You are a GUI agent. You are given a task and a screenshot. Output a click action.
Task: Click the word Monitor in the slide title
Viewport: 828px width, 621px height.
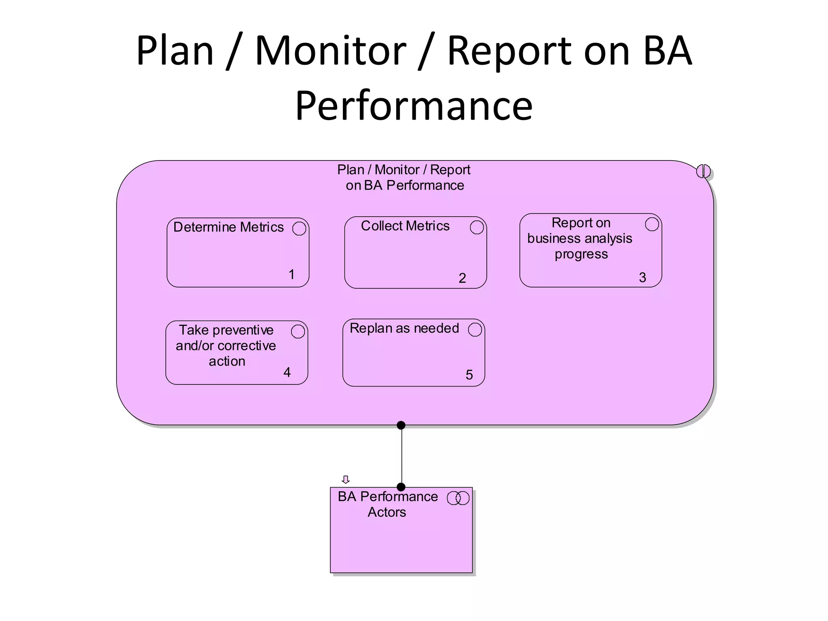coord(330,51)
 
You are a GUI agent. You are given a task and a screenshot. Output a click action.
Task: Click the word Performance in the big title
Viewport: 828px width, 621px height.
coord(414,106)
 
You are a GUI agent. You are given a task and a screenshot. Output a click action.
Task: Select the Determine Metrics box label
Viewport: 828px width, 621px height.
coord(228,227)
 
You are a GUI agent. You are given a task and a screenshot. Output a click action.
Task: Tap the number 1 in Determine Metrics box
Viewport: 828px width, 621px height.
coord(291,275)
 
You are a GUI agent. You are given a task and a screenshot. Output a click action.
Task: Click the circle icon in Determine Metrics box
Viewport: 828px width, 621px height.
coord(299,228)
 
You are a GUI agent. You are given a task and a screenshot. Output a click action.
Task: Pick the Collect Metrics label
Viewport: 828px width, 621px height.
coord(405,226)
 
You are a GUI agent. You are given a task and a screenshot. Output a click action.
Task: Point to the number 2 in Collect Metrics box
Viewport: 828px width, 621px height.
coord(463,278)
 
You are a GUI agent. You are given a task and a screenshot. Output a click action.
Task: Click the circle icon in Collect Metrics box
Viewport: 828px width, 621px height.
coord(477,227)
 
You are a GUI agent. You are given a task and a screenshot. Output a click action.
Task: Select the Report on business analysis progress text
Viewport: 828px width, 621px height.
coord(580,239)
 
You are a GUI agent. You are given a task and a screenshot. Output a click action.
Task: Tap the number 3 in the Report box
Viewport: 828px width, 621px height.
coord(642,278)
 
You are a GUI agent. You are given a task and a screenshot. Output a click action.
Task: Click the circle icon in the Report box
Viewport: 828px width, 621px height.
coord(652,224)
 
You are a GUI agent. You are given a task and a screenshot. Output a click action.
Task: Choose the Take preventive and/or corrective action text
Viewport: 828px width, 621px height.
coord(226,346)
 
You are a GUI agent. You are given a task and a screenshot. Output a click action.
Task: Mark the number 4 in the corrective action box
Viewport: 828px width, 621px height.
coord(287,372)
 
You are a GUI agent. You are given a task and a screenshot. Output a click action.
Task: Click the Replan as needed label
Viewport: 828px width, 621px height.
coord(404,328)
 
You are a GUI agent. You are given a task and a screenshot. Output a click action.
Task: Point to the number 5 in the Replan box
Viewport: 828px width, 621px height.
coord(469,375)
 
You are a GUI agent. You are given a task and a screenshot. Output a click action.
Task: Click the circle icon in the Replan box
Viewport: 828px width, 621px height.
coord(475,330)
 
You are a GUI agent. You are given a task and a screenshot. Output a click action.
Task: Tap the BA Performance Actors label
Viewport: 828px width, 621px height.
coord(387,504)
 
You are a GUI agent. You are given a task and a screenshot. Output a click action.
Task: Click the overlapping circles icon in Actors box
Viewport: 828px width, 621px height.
coord(458,498)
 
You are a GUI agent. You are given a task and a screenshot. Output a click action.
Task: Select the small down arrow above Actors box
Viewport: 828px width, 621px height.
coord(345,479)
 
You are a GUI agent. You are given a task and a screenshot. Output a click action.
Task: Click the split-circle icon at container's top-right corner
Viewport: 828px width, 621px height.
coord(703,171)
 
